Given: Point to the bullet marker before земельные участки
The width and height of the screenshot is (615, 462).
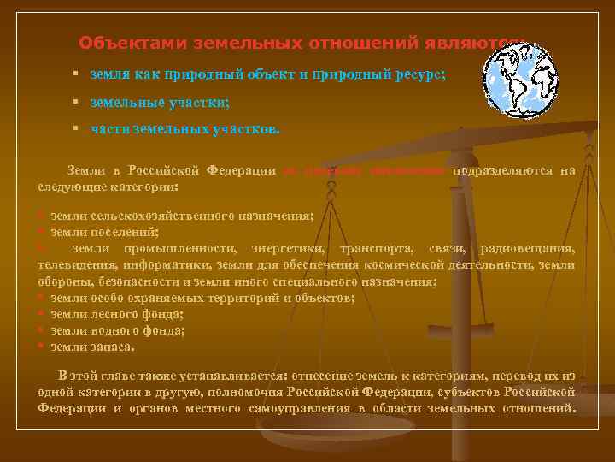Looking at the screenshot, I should [76, 103].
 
